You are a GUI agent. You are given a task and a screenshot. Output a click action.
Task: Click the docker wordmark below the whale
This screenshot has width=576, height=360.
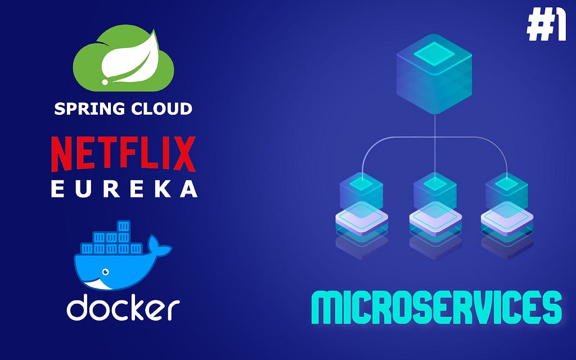coord(123,308)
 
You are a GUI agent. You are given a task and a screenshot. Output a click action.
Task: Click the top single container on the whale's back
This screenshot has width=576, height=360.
coord(124,226)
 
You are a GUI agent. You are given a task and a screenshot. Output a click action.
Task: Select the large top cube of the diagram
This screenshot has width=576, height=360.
coord(434,73)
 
